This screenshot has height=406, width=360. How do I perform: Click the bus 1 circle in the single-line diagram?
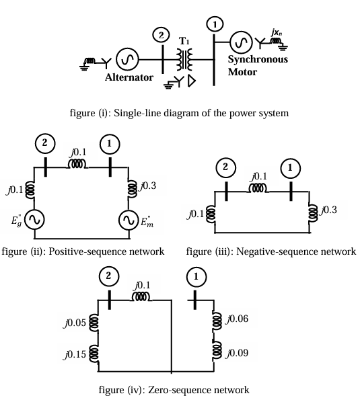pyautogui.click(x=215, y=24)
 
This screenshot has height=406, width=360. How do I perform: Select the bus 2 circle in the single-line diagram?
pyautogui.click(x=161, y=35)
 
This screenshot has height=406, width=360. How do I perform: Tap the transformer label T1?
pyautogui.click(x=184, y=41)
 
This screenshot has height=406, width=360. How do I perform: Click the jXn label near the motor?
pyautogui.click(x=277, y=32)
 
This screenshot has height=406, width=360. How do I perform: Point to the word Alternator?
pyautogui.click(x=129, y=77)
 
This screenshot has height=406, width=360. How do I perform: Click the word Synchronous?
pyautogui.click(x=258, y=59)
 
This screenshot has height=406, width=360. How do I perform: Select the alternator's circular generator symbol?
pyautogui.click(x=127, y=59)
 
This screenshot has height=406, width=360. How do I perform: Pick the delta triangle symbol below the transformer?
pyautogui.click(x=192, y=81)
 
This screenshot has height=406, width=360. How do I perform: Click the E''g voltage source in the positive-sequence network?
pyautogui.click(x=34, y=219)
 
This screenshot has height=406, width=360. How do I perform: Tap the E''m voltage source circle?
pyautogui.click(x=129, y=220)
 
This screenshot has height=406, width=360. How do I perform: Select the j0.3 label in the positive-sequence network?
pyautogui.click(x=148, y=186)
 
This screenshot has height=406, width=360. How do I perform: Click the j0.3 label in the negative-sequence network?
pyautogui.click(x=329, y=210)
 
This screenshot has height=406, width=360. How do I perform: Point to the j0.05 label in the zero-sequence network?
pyautogui.click(x=75, y=323)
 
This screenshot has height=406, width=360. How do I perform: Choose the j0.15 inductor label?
pyautogui.click(x=75, y=354)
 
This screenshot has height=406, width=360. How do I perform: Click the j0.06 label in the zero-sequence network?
pyautogui.click(x=237, y=319)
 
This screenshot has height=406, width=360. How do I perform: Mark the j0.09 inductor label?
pyautogui.click(x=237, y=353)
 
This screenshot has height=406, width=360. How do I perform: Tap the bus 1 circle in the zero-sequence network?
pyautogui.click(x=196, y=277)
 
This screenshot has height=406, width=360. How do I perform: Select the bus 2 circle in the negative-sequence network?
pyautogui.click(x=225, y=167)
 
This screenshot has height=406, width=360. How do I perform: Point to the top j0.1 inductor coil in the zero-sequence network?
pyautogui.click(x=141, y=296)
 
